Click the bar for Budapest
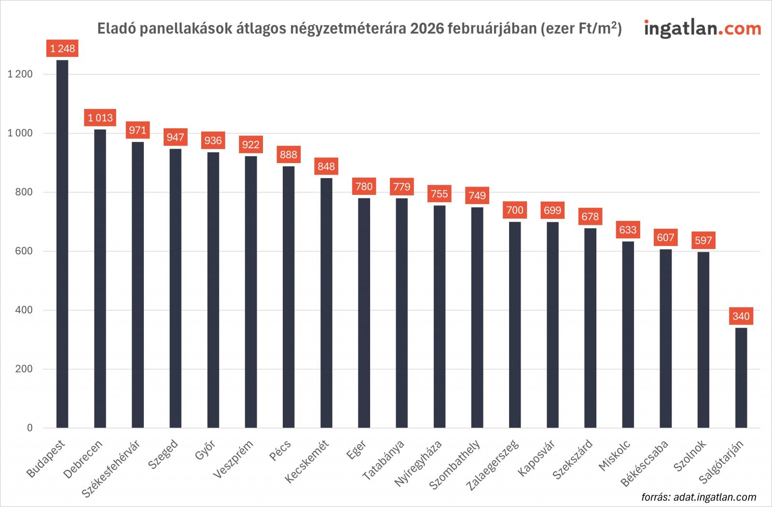click(62, 244)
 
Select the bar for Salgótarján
click(741, 378)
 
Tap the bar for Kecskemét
click(326, 303)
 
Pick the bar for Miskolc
click(628, 334)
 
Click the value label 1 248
click(63, 48)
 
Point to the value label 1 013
click(100, 118)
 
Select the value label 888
click(289, 154)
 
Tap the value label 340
click(741, 316)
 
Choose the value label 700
click(515, 210)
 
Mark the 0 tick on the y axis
click(30, 428)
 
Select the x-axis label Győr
click(206, 451)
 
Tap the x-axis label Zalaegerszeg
click(494, 465)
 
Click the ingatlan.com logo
click(702, 28)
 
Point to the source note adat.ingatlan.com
click(699, 497)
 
